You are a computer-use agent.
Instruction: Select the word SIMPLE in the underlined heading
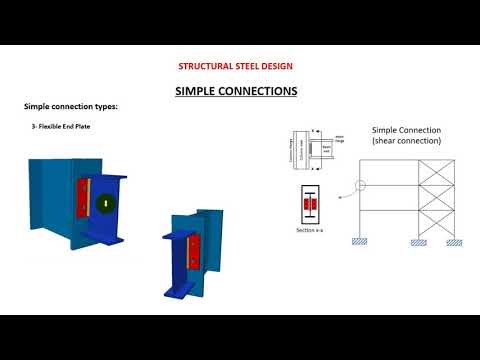[x=196, y=91]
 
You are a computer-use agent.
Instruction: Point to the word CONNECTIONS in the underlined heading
[x=258, y=91]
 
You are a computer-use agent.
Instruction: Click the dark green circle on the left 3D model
[x=104, y=203]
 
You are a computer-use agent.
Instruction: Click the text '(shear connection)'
[x=405, y=141]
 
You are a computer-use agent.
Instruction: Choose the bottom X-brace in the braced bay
[x=437, y=221]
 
